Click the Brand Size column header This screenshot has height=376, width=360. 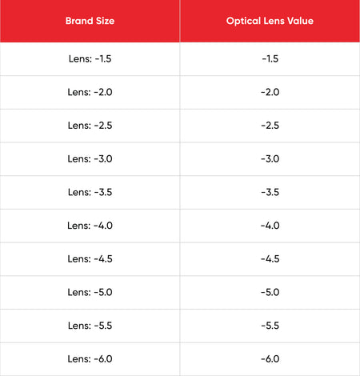tap(90, 21)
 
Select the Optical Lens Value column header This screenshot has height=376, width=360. tap(270, 21)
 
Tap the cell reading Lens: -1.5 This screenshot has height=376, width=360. tap(90, 58)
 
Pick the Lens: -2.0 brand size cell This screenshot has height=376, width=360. tap(90, 92)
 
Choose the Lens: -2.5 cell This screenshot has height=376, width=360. tap(90, 126)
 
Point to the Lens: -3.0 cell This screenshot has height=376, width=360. tap(90, 158)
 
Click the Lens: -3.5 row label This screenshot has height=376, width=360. tap(90, 192)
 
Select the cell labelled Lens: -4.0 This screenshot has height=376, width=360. tap(90, 226)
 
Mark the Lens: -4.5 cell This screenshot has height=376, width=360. tap(90, 258)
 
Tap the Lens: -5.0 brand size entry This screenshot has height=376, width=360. tap(90, 292)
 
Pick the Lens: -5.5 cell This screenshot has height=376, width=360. tap(90, 326)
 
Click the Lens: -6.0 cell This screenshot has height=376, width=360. tap(90, 358)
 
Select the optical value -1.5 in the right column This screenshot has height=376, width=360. tap(270, 58)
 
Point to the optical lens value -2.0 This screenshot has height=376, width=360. tap(270, 92)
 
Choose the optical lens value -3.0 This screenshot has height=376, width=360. tap(270, 158)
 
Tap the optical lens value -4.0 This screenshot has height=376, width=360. tap(270, 226)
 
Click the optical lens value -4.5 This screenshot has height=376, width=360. tap(270, 258)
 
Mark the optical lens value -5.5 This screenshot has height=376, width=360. tap(270, 326)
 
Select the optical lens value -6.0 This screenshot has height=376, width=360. tap(270, 358)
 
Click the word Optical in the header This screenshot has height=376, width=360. tap(243, 21)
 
